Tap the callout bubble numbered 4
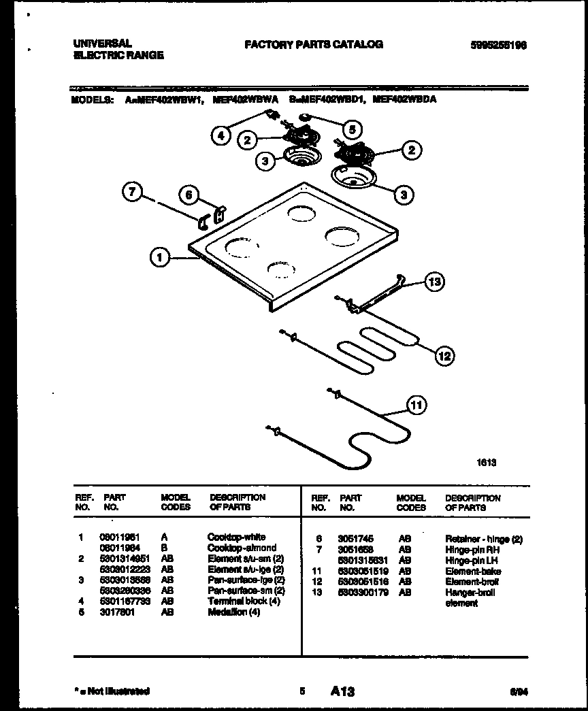click(220, 135)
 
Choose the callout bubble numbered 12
click(444, 354)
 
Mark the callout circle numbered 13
click(434, 281)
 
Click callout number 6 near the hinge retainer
click(190, 195)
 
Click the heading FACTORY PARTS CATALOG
click(313, 44)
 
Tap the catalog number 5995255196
click(498, 46)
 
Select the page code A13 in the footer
click(343, 691)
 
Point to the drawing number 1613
click(486, 463)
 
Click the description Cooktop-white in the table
click(236, 537)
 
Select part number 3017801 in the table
click(119, 612)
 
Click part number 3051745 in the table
click(355, 539)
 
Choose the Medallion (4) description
click(233, 612)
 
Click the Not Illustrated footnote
click(111, 691)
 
